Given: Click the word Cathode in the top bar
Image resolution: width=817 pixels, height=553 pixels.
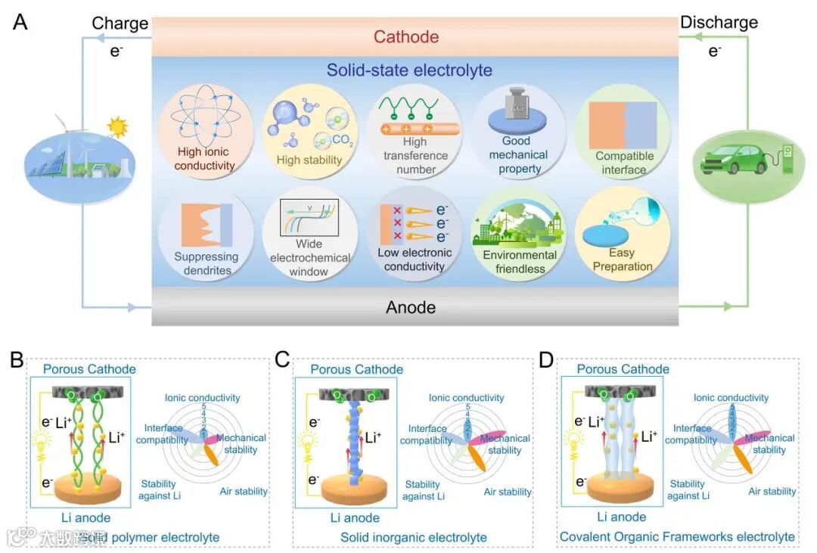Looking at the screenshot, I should coord(406,37).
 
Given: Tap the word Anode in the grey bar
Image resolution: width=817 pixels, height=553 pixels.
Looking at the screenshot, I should coord(411,307).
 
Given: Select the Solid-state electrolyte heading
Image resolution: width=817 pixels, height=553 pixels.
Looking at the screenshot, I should coord(409,71).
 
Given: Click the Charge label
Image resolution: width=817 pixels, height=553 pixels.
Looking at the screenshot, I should coord(120,23).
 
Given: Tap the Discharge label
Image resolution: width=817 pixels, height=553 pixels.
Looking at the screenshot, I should coord(719,23).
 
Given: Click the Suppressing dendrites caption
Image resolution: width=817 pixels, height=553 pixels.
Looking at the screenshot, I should coord(206,263).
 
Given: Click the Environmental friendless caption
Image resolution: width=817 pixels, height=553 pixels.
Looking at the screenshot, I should coord(519,262).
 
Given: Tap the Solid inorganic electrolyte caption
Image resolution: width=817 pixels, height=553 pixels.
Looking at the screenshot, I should coord(413,538).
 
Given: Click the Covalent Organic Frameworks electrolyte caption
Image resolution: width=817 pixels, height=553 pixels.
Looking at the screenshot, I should coord(677,536).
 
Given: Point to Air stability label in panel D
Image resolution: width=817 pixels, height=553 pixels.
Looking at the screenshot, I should coord(772,491).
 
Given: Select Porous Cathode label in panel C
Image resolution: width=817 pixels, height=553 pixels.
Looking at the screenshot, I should coord(357,369).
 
